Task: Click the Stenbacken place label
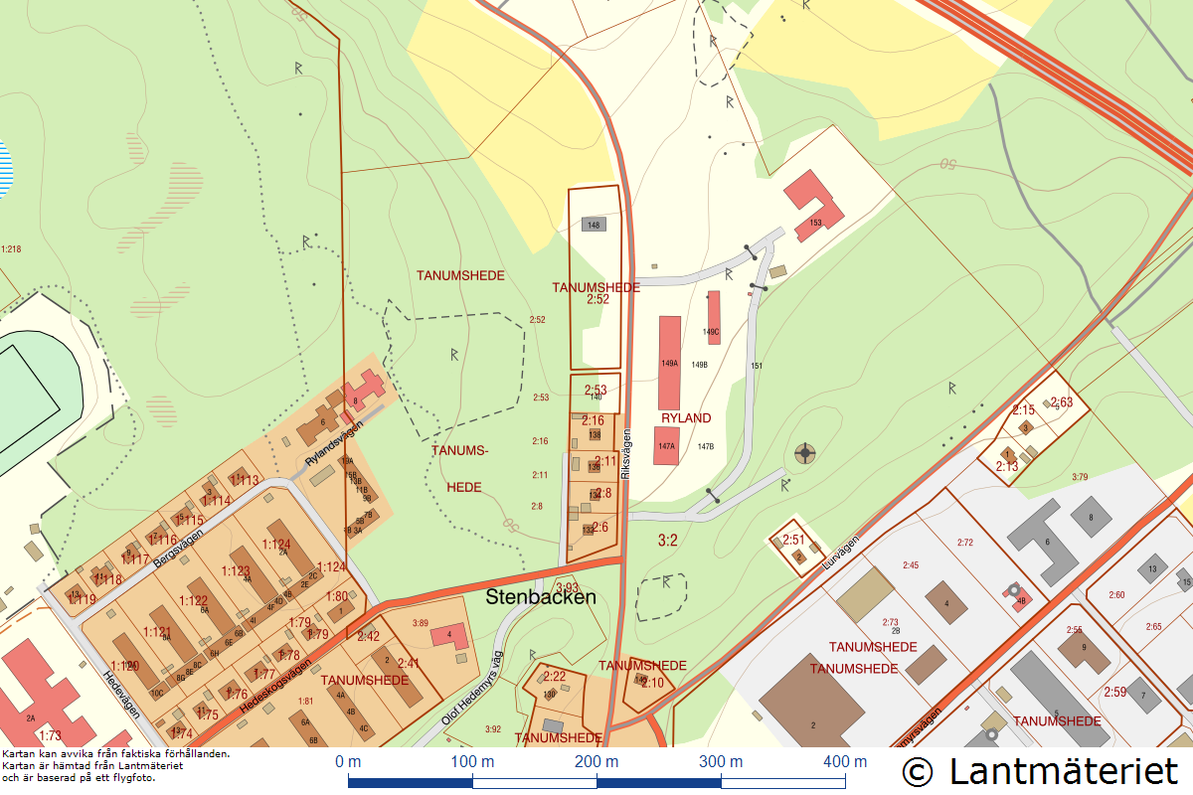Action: pos(541,597)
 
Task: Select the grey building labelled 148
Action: pos(594,225)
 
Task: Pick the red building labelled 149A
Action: pos(670,349)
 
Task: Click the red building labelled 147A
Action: pos(666,446)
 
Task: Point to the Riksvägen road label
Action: pos(626,455)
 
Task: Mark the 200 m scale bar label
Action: pos(596,762)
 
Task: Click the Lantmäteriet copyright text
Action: pos(1040,770)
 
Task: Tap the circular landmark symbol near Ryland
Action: pos(804,454)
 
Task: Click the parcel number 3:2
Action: pos(668,541)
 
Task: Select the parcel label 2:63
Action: pos(1062,402)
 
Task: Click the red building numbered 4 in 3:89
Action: pos(450,635)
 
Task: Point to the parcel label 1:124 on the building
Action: pos(276,545)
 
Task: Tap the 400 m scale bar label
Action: pos(844,762)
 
